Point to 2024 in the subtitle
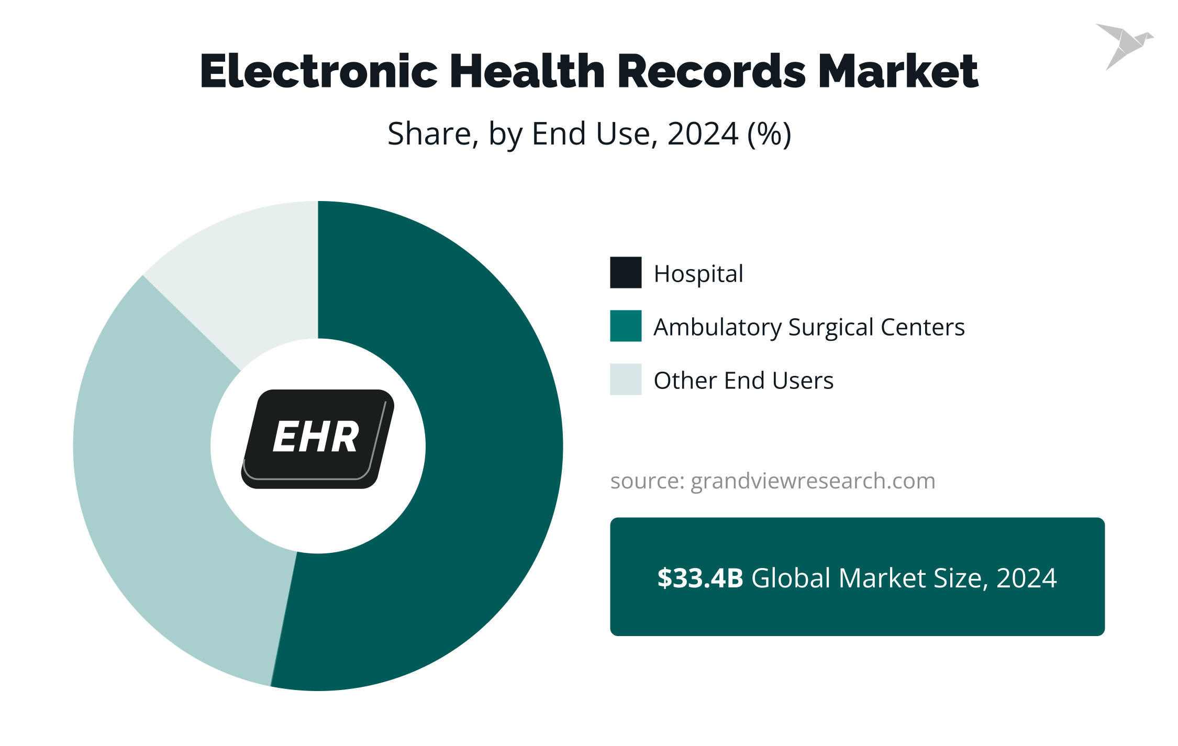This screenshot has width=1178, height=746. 702,134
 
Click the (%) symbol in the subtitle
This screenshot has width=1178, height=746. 769,134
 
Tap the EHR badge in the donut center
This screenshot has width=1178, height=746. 317,439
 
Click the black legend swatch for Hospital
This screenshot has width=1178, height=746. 626,273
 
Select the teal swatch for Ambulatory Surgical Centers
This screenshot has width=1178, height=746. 626,326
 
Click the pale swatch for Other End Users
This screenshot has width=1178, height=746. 626,380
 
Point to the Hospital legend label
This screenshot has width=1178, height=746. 698,274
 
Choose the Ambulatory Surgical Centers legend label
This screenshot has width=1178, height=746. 808,327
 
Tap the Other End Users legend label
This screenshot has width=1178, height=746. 743,381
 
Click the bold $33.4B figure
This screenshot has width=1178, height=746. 700,578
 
